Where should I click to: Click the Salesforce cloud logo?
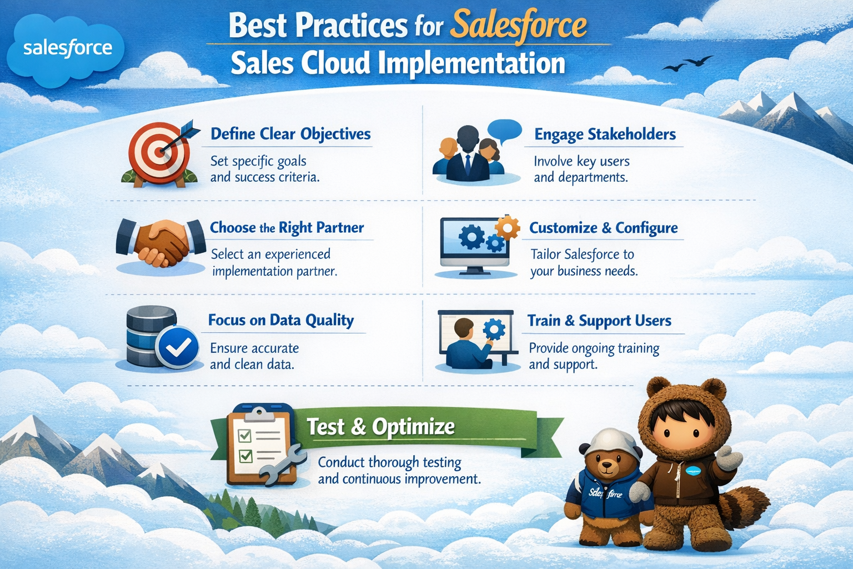click(x=66, y=49)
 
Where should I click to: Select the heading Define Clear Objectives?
click(x=290, y=134)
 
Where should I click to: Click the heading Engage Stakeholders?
click(x=605, y=134)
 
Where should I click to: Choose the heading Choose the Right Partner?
click(x=287, y=228)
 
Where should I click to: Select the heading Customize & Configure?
click(x=603, y=228)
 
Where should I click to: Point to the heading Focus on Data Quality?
click(x=280, y=320)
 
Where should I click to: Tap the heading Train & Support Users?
click(x=599, y=321)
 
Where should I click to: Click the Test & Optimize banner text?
click(x=380, y=427)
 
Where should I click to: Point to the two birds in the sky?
click(x=688, y=63)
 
